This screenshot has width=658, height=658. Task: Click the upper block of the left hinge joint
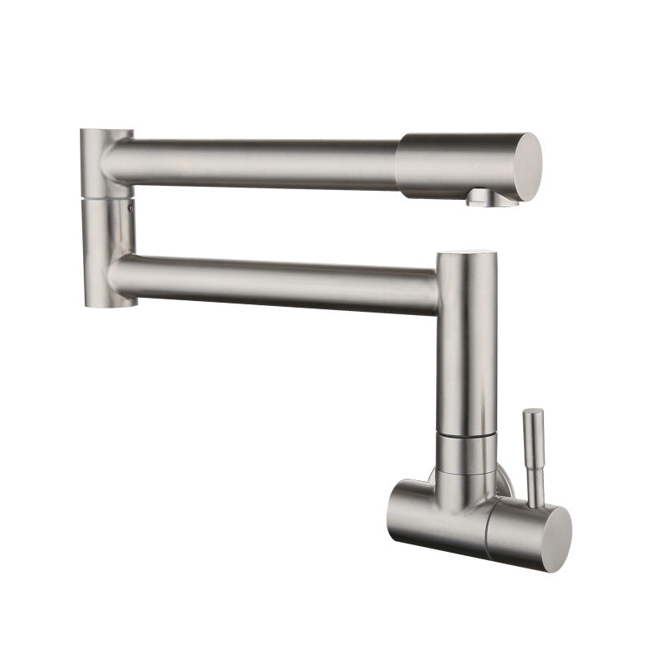106,160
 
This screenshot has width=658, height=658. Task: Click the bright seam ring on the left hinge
107,198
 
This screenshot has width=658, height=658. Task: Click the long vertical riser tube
467,345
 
